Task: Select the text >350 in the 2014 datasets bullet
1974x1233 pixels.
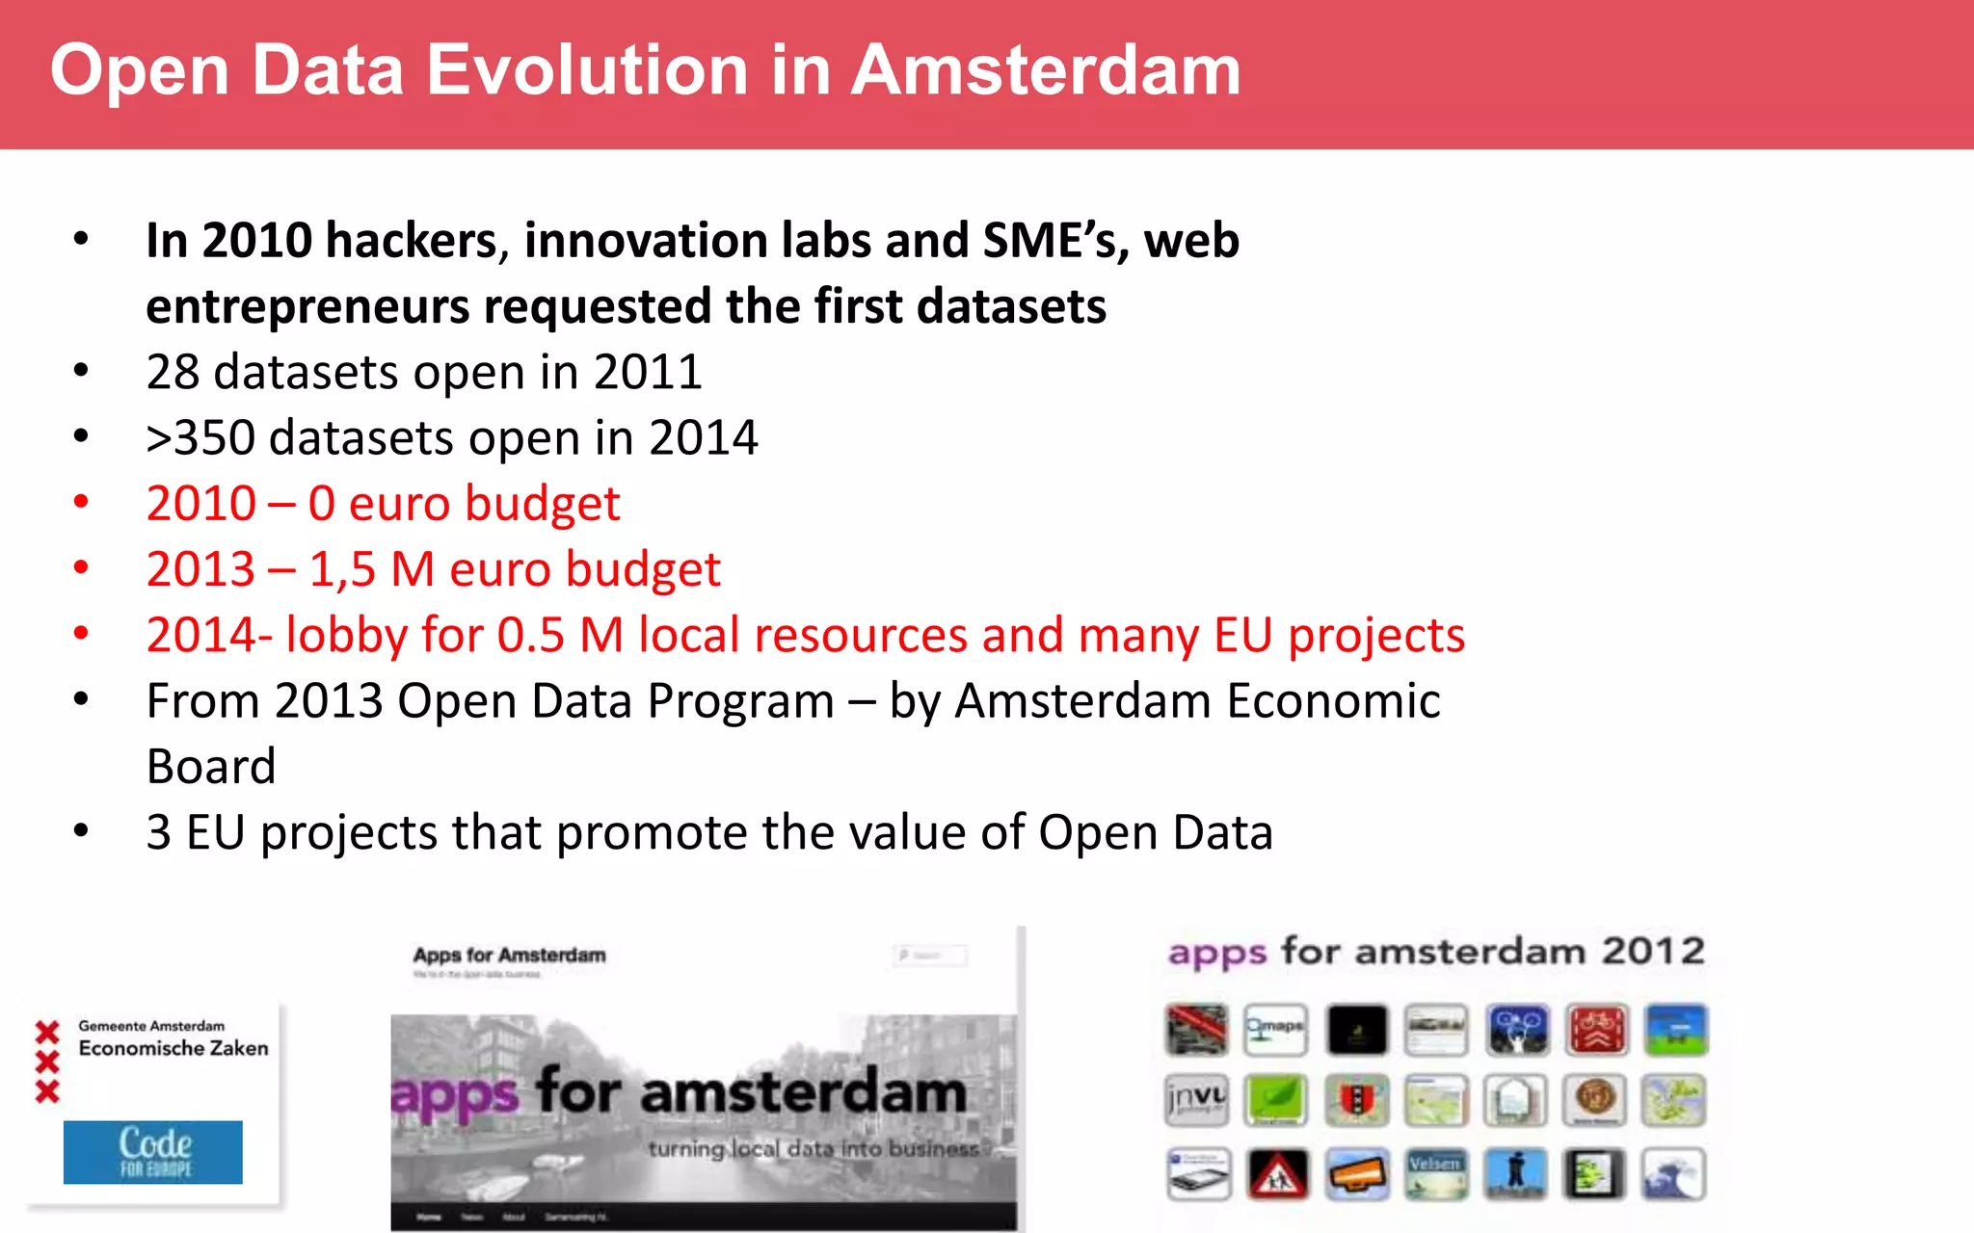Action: [200, 438]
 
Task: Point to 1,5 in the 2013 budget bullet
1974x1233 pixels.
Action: [342, 569]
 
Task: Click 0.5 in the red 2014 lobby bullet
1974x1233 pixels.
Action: [530, 636]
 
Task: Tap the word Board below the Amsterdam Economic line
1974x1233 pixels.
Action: [211, 767]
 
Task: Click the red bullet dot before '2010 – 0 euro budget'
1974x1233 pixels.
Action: [81, 502]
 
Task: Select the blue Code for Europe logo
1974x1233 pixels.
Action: [153, 1152]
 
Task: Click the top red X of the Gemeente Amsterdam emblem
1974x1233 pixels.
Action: [47, 1033]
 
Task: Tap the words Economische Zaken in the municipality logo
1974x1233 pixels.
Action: [173, 1048]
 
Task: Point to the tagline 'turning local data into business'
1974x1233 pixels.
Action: [813, 1148]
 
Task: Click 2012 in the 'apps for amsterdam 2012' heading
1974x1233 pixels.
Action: [1654, 952]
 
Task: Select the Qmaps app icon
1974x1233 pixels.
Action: [1275, 1029]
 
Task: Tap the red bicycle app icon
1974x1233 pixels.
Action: [1596, 1029]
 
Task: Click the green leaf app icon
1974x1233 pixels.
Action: [1275, 1100]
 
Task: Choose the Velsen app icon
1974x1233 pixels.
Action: [1436, 1173]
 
